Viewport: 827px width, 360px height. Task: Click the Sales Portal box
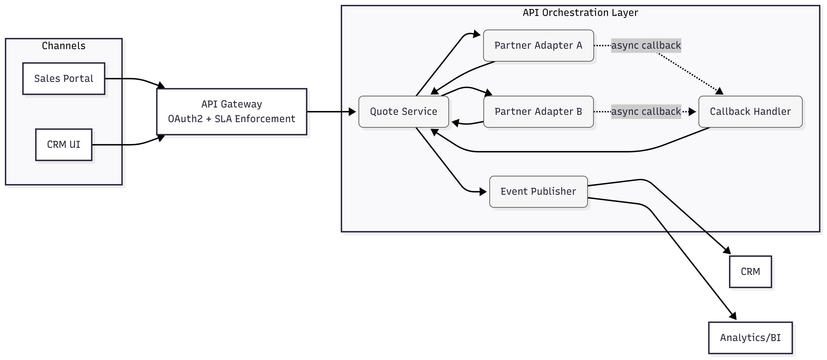pos(64,79)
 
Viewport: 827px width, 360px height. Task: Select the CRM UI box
pos(64,145)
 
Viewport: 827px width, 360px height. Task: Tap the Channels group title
pos(64,46)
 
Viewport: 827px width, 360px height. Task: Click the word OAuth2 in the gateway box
pos(185,119)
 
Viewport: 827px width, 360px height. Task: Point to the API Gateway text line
pos(232,104)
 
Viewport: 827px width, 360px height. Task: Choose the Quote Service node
pos(404,111)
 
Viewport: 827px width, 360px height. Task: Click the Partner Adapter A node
pos(538,45)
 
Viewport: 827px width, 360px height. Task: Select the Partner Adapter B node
pos(538,111)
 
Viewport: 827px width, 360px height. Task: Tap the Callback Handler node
pos(750,111)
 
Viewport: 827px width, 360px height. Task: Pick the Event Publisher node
pos(538,191)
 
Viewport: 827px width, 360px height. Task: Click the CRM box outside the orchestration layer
pos(750,272)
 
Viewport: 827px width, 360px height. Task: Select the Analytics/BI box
pos(750,338)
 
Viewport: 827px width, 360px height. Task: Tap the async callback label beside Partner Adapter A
pos(646,45)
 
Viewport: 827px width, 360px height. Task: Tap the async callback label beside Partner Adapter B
pos(646,111)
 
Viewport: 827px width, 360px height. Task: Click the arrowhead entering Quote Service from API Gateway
pos(353,112)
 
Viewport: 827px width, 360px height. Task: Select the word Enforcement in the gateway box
pos(265,119)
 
